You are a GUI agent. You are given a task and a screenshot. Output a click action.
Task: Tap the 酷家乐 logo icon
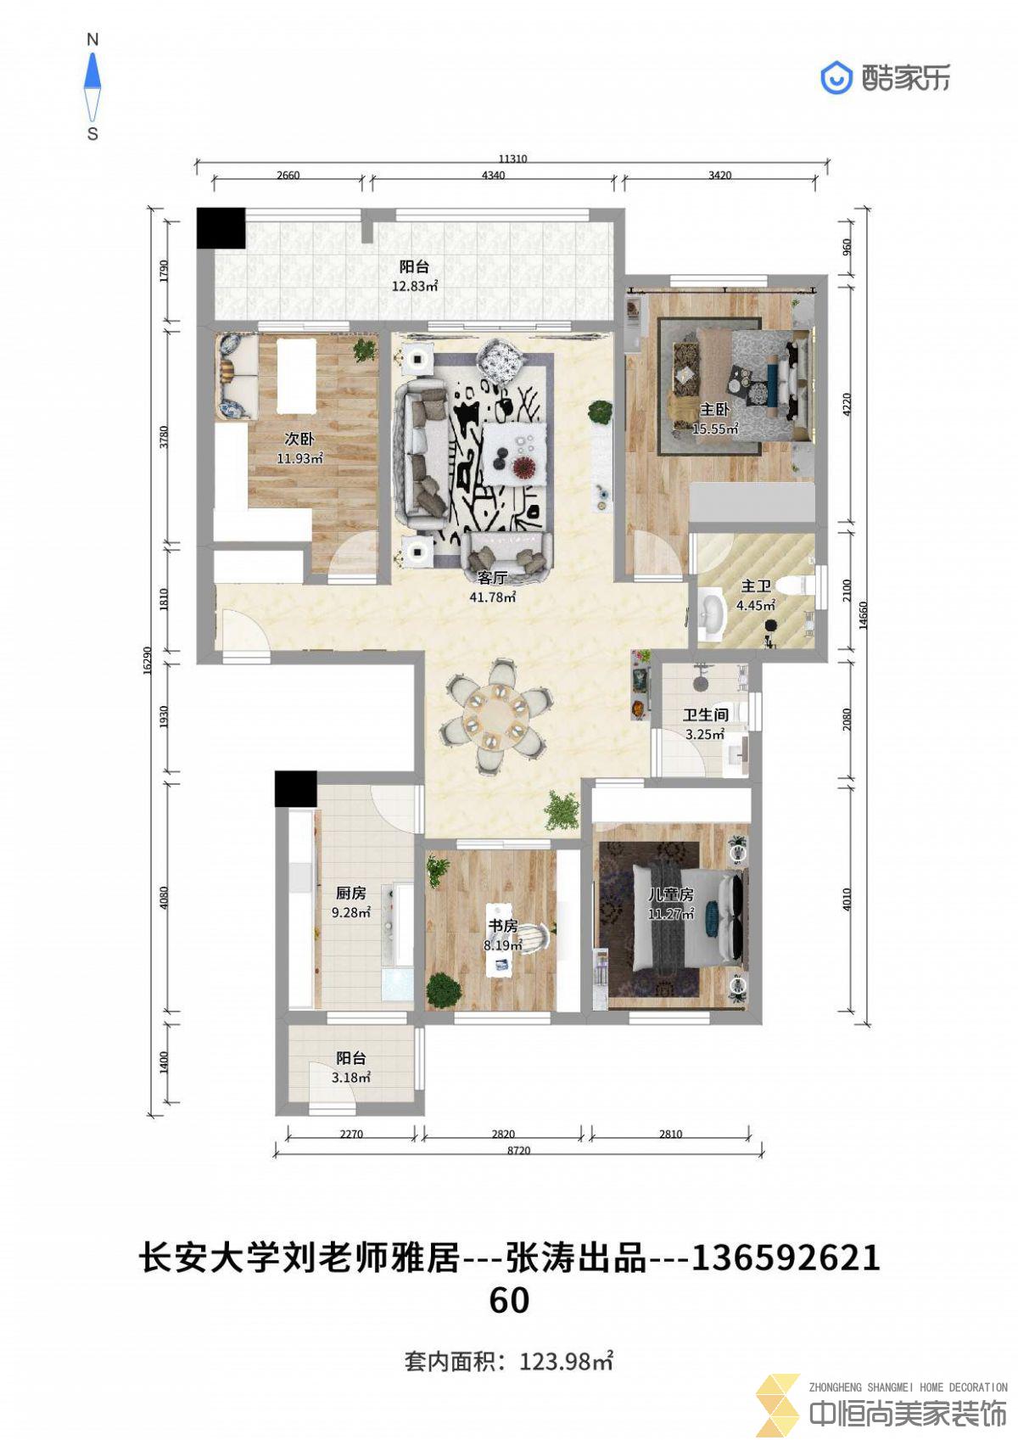(x=836, y=78)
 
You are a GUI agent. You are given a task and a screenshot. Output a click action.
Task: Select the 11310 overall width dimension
(x=513, y=158)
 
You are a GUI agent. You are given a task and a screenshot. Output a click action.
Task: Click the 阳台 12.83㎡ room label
(x=415, y=276)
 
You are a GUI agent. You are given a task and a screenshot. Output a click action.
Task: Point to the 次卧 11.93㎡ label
(x=299, y=448)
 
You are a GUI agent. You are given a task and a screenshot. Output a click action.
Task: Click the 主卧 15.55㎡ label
(x=714, y=418)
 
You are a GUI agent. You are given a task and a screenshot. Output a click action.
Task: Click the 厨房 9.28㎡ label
(x=351, y=902)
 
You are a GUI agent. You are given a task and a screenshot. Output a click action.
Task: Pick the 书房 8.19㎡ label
(x=502, y=935)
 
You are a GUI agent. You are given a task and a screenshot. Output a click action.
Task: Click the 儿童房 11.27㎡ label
(x=670, y=903)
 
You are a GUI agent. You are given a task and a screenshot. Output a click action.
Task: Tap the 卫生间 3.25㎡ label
(x=705, y=724)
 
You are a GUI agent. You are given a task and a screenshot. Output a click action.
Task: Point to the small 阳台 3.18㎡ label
(x=351, y=1067)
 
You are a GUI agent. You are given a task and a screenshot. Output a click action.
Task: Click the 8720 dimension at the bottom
(x=518, y=1150)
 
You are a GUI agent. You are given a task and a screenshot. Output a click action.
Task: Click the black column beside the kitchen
(x=295, y=789)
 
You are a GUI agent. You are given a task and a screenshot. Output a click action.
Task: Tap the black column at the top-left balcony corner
(x=221, y=227)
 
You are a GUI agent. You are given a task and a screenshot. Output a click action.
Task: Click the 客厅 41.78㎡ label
(x=493, y=587)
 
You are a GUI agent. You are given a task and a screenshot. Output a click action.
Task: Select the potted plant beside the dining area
(x=562, y=810)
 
